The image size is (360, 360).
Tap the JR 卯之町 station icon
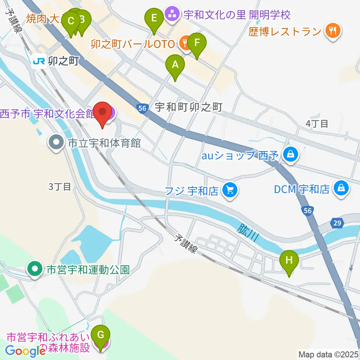coord(39,61)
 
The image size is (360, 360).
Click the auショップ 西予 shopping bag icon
coord(290,154)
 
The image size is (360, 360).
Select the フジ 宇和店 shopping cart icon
coord(229,190)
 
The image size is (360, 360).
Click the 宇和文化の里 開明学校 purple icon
coord(172,15)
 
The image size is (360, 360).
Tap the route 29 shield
coord(337,223)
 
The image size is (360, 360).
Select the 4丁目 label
coord(317,124)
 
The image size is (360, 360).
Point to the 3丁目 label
coord(60,186)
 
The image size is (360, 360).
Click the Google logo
coord(25,351)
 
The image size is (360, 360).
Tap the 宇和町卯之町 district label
coord(189,108)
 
